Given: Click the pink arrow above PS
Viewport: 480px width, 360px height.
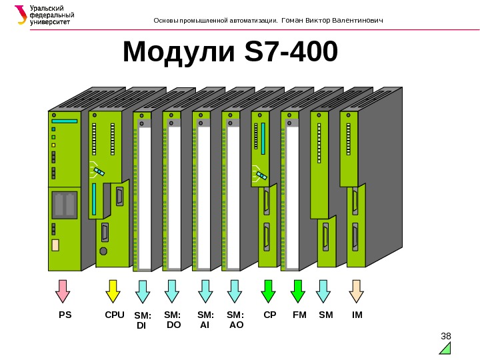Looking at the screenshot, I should coord(63,291).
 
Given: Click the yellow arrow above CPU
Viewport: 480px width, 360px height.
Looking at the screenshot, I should coord(113,291).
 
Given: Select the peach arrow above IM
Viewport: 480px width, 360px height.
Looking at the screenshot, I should coord(357,291).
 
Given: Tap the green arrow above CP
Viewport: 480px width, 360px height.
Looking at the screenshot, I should coord(269,291).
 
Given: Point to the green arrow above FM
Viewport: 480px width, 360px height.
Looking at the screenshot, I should coord(298,291).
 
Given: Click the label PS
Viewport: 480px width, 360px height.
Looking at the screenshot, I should coord(65,314).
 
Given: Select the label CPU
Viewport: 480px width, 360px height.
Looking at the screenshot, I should coord(115,314).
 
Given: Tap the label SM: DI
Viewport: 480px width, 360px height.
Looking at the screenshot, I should coord(143,320).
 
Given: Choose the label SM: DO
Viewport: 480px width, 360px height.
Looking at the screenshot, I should coord(173,319).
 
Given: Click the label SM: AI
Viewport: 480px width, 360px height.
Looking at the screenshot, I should coord(205,319).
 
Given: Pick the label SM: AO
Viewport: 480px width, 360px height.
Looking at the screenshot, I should coord(236,319).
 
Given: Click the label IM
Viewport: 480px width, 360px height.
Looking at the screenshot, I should coord(357,314).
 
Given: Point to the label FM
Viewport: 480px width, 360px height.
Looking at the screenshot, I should coord(299,314).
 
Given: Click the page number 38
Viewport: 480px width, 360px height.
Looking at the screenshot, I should coord(447,335).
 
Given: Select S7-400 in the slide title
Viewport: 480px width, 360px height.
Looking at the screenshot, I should coord(292,53).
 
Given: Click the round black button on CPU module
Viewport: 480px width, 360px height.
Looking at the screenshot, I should coord(103,251).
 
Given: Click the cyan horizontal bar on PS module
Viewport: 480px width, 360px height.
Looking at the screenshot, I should coord(65,121).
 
